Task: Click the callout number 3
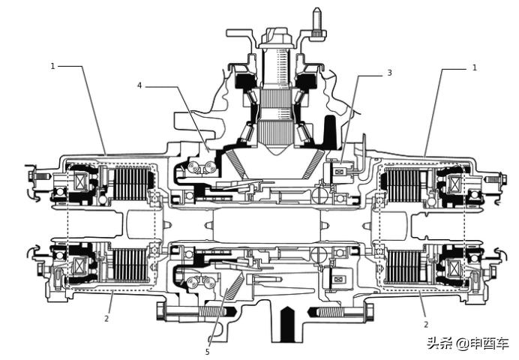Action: [x=390, y=73]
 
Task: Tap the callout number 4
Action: [x=139, y=85]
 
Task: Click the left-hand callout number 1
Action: [x=53, y=66]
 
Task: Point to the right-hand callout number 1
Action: [x=474, y=67]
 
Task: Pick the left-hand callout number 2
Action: [x=107, y=318]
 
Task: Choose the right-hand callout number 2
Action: [x=426, y=324]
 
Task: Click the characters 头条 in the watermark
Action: [x=439, y=343]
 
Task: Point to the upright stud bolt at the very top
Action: [x=316, y=19]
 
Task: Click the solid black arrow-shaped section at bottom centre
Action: [x=286, y=322]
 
